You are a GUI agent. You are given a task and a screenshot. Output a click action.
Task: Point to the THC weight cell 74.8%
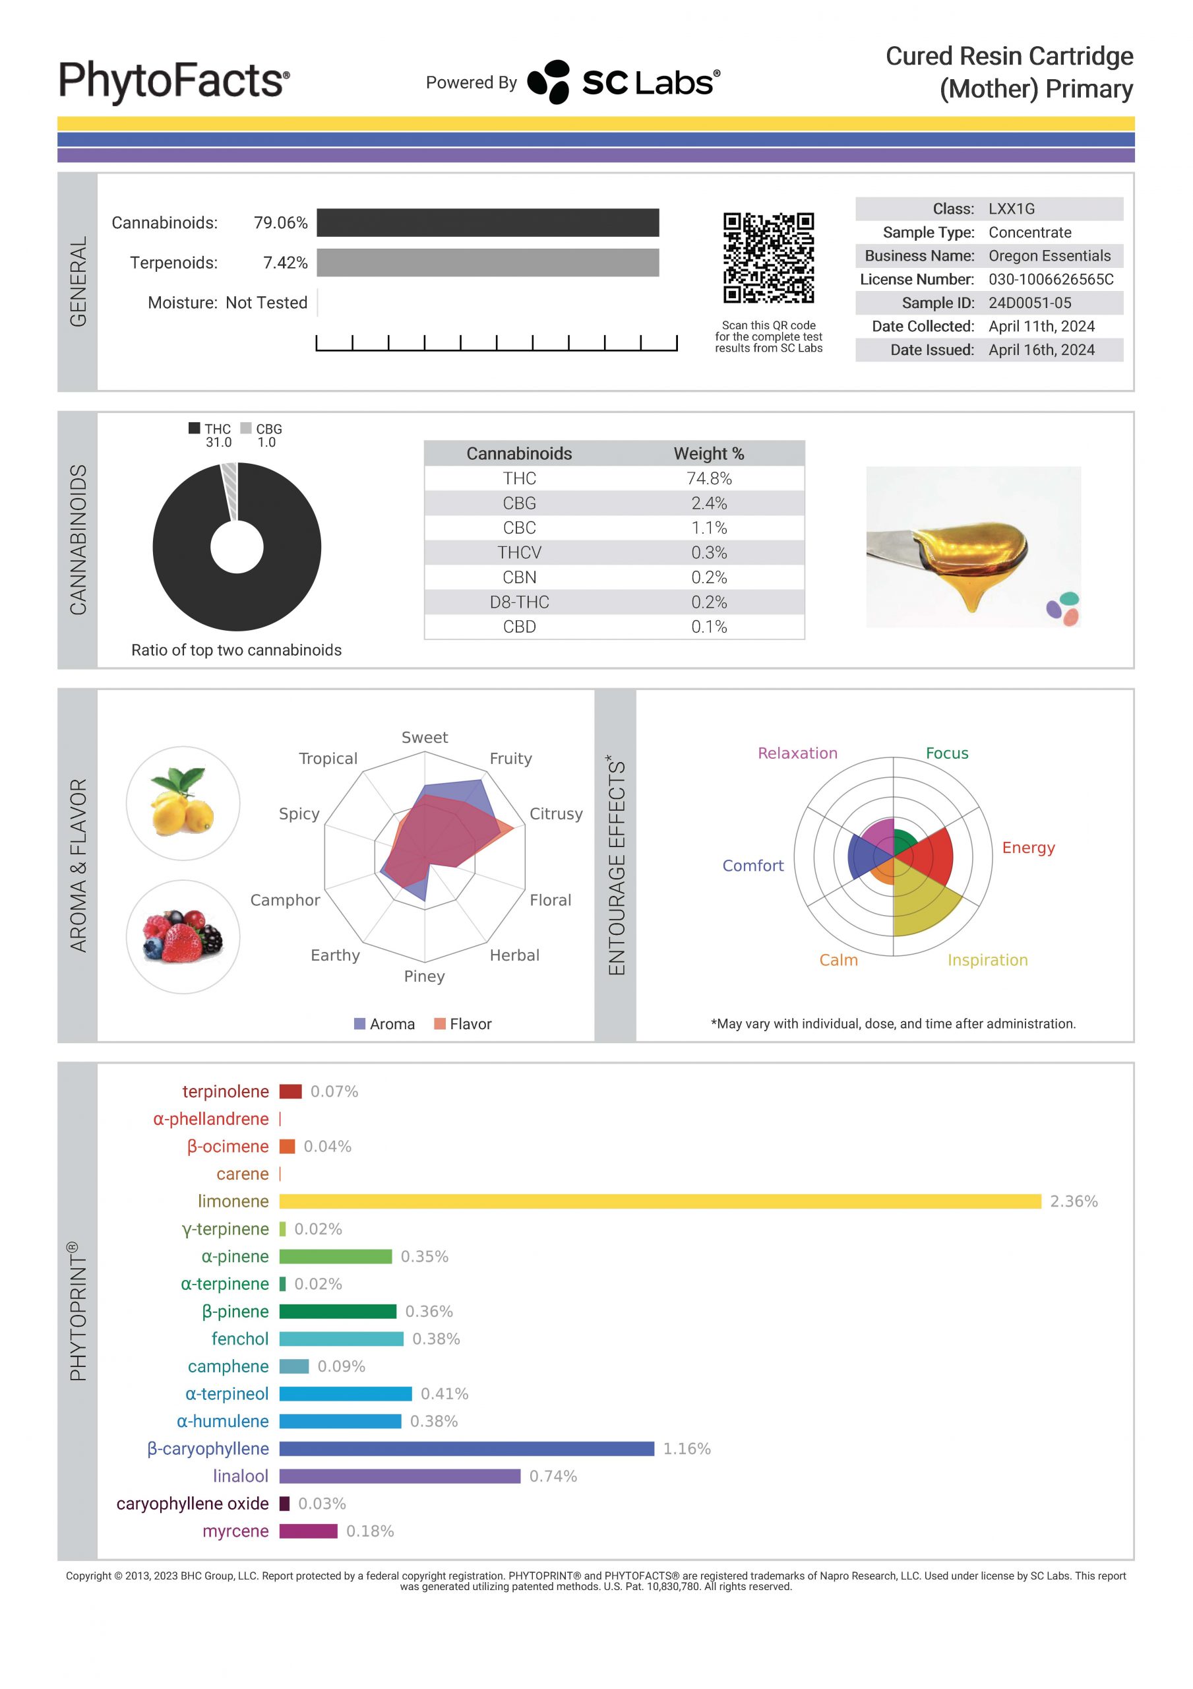708,479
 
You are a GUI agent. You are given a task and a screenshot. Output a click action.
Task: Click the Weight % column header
708,454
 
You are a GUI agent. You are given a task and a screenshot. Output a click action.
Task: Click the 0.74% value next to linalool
553,1477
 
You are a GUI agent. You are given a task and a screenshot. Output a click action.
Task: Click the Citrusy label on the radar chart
556,813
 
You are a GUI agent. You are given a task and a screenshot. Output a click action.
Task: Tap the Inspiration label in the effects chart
987,960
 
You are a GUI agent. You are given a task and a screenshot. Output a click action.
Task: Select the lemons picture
183,804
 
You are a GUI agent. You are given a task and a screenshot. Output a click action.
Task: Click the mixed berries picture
183,937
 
